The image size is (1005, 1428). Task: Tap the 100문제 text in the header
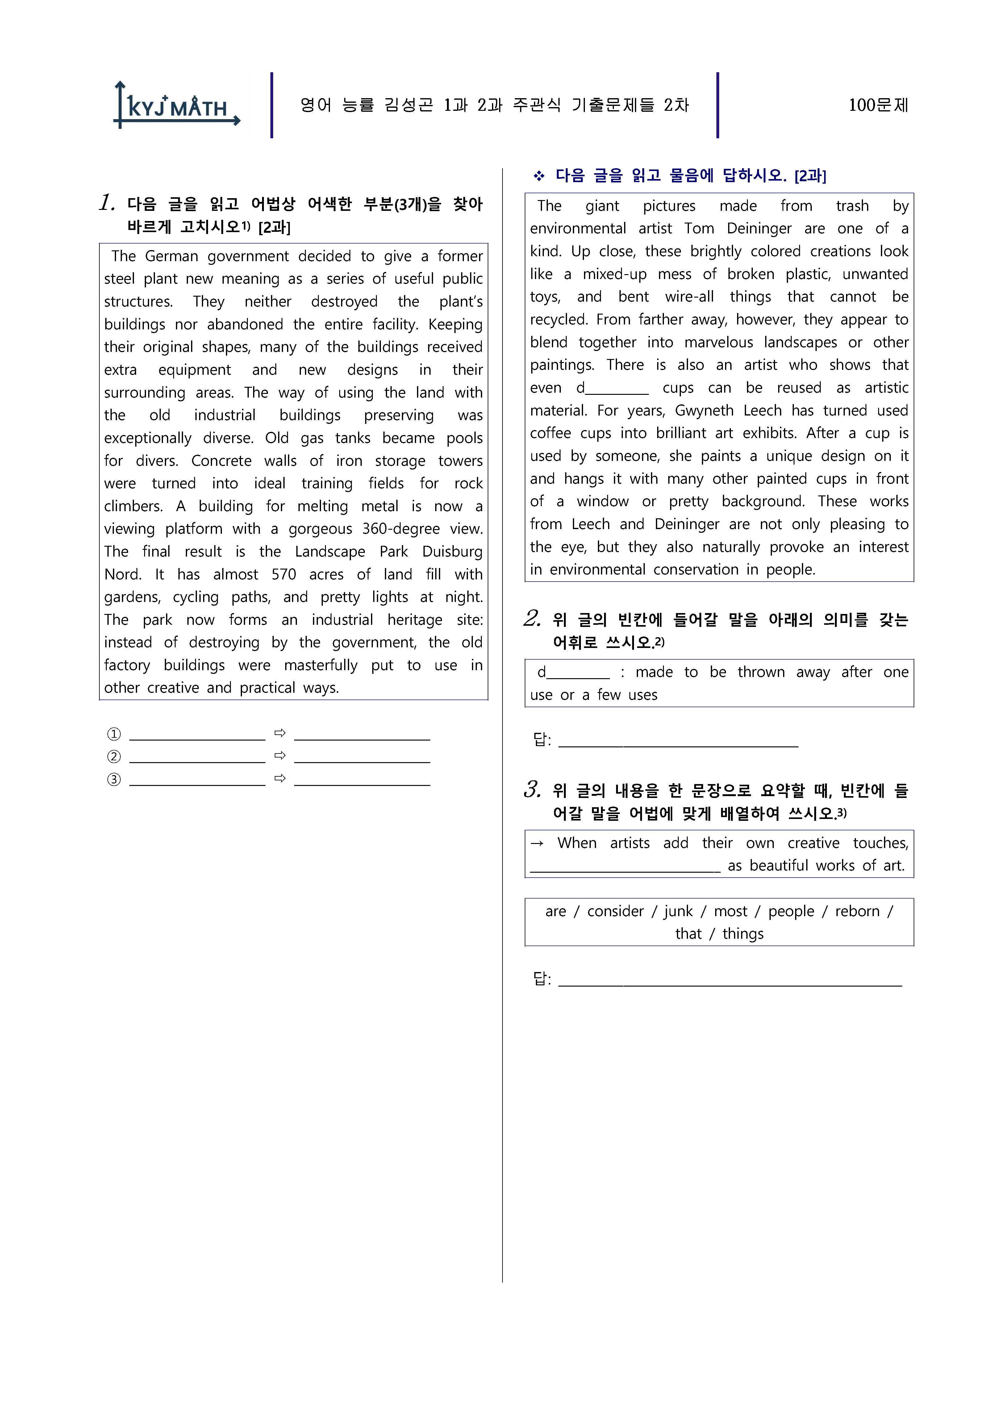(x=878, y=105)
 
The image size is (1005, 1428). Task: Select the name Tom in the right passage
(x=699, y=229)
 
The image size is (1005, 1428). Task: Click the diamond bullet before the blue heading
(x=539, y=176)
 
